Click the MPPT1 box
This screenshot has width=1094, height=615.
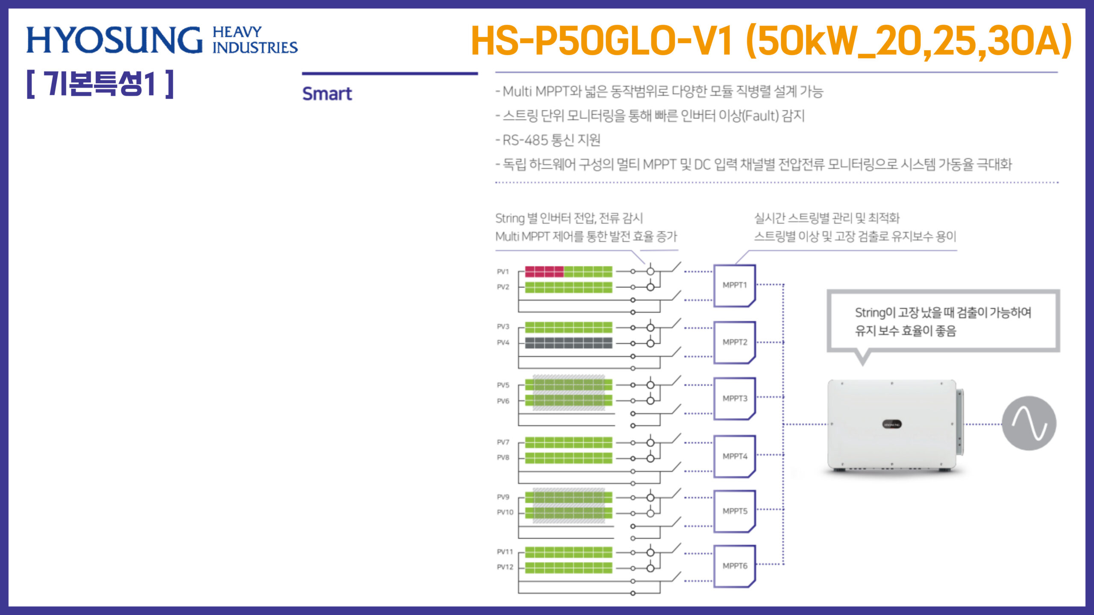735,285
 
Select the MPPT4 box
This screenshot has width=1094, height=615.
735,456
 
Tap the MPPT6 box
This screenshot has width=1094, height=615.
735,566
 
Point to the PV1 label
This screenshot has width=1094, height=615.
503,272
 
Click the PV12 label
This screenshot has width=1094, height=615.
505,567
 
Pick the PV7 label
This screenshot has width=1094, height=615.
503,442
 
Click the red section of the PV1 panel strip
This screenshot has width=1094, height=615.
544,272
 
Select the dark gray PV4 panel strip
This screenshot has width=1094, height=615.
568,343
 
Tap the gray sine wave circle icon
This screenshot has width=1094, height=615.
1029,423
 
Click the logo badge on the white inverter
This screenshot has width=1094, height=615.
892,425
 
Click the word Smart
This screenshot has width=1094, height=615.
327,94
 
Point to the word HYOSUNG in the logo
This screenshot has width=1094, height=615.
114,40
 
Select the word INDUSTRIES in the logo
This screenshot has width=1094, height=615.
255,47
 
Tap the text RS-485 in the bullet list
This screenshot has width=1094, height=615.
525,140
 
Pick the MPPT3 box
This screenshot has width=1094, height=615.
735,398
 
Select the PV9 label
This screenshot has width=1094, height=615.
503,497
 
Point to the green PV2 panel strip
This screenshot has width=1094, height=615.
568,287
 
